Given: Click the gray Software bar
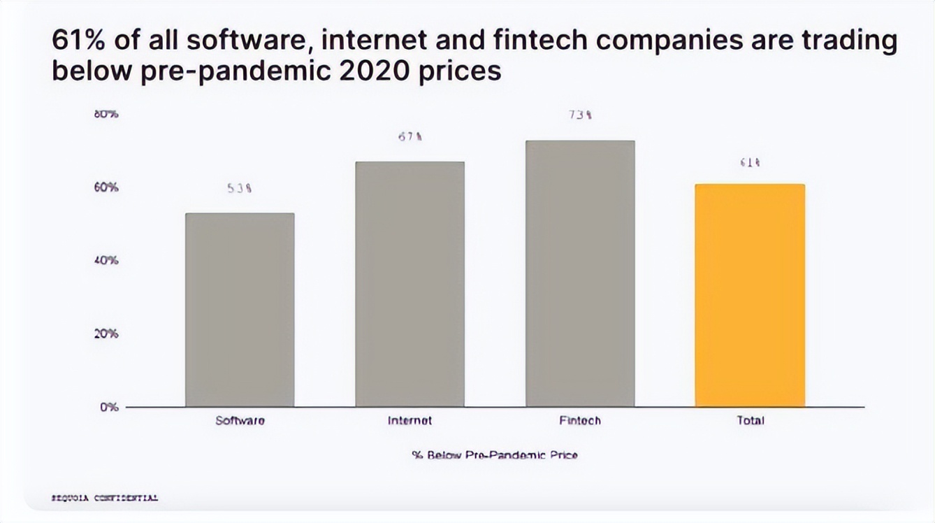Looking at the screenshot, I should pyautogui.click(x=240, y=309).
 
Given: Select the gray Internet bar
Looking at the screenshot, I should pyautogui.click(x=409, y=284).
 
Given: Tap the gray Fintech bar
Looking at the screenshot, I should pyautogui.click(x=580, y=273).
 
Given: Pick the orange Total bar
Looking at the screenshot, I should pyautogui.click(x=750, y=295).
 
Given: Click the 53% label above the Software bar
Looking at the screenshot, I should pyautogui.click(x=239, y=188).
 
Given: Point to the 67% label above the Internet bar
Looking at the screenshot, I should pyautogui.click(x=409, y=138).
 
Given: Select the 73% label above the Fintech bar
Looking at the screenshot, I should pyautogui.click(x=580, y=115).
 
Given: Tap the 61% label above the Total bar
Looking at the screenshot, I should pyautogui.click(x=750, y=163).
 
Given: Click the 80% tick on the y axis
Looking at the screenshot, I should pyautogui.click(x=106, y=114).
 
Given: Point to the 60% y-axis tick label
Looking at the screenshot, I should pyautogui.click(x=107, y=187).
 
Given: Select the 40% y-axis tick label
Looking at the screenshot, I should pyautogui.click(x=107, y=261).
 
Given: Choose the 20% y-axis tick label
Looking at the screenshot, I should pyautogui.click(x=107, y=334).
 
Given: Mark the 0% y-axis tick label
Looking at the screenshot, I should pyautogui.click(x=109, y=407).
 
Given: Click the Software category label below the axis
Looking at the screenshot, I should pyautogui.click(x=240, y=421).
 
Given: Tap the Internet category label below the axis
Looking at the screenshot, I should pyautogui.click(x=409, y=421).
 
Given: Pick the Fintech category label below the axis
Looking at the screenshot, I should pyautogui.click(x=580, y=421).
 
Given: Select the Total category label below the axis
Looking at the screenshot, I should pyautogui.click(x=751, y=421).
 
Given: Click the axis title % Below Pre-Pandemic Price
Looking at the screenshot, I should pyautogui.click(x=495, y=455).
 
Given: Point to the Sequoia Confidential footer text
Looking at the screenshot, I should pyautogui.click(x=106, y=499).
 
